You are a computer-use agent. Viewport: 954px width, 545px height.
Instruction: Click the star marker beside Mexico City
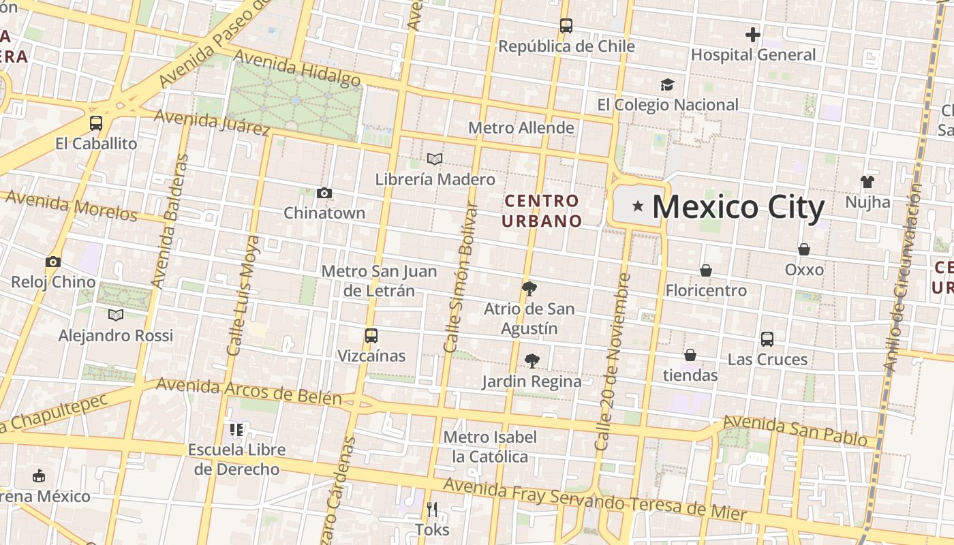(x=638, y=206)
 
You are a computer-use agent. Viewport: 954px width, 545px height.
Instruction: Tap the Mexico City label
(x=739, y=207)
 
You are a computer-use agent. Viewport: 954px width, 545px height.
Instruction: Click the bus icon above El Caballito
(x=96, y=123)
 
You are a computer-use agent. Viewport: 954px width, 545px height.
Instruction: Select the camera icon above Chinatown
(x=324, y=193)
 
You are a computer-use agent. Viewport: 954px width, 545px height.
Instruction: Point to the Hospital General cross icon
(x=752, y=34)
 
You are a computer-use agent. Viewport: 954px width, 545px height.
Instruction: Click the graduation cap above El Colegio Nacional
(x=667, y=84)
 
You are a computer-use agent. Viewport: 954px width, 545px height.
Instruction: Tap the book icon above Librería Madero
(x=435, y=159)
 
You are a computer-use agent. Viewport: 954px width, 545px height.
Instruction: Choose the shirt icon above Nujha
(x=867, y=181)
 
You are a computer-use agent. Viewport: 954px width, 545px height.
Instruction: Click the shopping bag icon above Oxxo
(x=804, y=249)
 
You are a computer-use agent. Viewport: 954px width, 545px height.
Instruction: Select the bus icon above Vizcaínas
(x=371, y=336)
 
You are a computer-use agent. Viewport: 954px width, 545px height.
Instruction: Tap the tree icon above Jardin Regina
(x=532, y=361)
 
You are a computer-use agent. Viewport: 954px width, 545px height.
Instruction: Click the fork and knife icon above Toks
(x=431, y=509)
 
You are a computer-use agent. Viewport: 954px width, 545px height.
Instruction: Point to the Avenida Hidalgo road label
(x=297, y=70)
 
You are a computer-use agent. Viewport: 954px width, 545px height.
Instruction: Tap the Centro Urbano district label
(x=542, y=211)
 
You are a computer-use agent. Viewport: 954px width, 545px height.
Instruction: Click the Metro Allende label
(x=521, y=128)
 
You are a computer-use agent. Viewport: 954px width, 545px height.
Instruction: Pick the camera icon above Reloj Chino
(x=53, y=262)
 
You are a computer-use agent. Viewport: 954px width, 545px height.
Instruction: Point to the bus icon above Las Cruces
(x=767, y=339)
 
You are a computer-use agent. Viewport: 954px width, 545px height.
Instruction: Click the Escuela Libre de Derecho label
(x=236, y=459)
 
